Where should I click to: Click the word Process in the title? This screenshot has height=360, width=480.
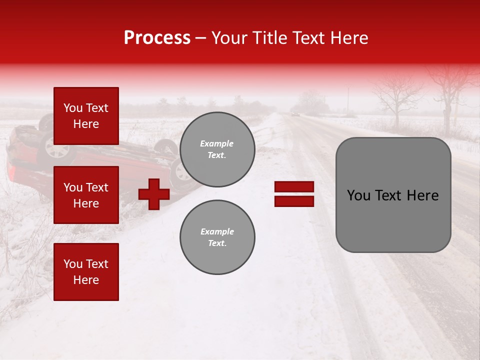pyautogui.click(x=157, y=38)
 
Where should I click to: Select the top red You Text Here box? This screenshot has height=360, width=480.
pyautogui.click(x=86, y=116)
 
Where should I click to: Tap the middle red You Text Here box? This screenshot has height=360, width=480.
pyautogui.click(x=86, y=195)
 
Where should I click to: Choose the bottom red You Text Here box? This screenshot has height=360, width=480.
pyautogui.click(x=86, y=271)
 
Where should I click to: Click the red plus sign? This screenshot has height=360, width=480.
pyautogui.click(x=154, y=194)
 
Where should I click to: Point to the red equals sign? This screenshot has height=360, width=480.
pyautogui.click(x=294, y=194)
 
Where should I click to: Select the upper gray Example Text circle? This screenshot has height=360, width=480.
pyautogui.click(x=217, y=149)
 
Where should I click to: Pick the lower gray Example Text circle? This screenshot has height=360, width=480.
pyautogui.click(x=217, y=237)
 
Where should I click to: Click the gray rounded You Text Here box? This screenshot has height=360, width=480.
pyautogui.click(x=393, y=195)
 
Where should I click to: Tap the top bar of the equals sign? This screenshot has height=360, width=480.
pyautogui.click(x=294, y=187)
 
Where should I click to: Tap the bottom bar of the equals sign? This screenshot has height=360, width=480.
pyautogui.click(x=294, y=201)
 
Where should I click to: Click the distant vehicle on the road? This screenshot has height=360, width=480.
pyautogui.click(x=295, y=114)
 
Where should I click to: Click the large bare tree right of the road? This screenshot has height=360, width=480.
pyautogui.click(x=397, y=97)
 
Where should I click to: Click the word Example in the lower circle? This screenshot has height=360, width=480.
pyautogui.click(x=217, y=231)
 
